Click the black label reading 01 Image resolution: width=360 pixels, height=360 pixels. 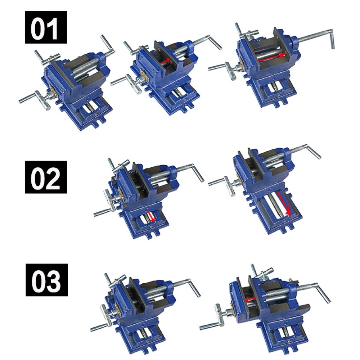(46, 27)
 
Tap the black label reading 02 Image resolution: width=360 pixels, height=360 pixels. (46, 177)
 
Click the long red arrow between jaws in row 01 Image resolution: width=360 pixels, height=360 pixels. (275, 55)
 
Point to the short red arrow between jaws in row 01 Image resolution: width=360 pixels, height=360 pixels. (166, 61)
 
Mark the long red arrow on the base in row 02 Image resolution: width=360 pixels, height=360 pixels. (283, 203)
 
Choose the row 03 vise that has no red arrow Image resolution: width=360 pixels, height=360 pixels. (144, 306)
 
